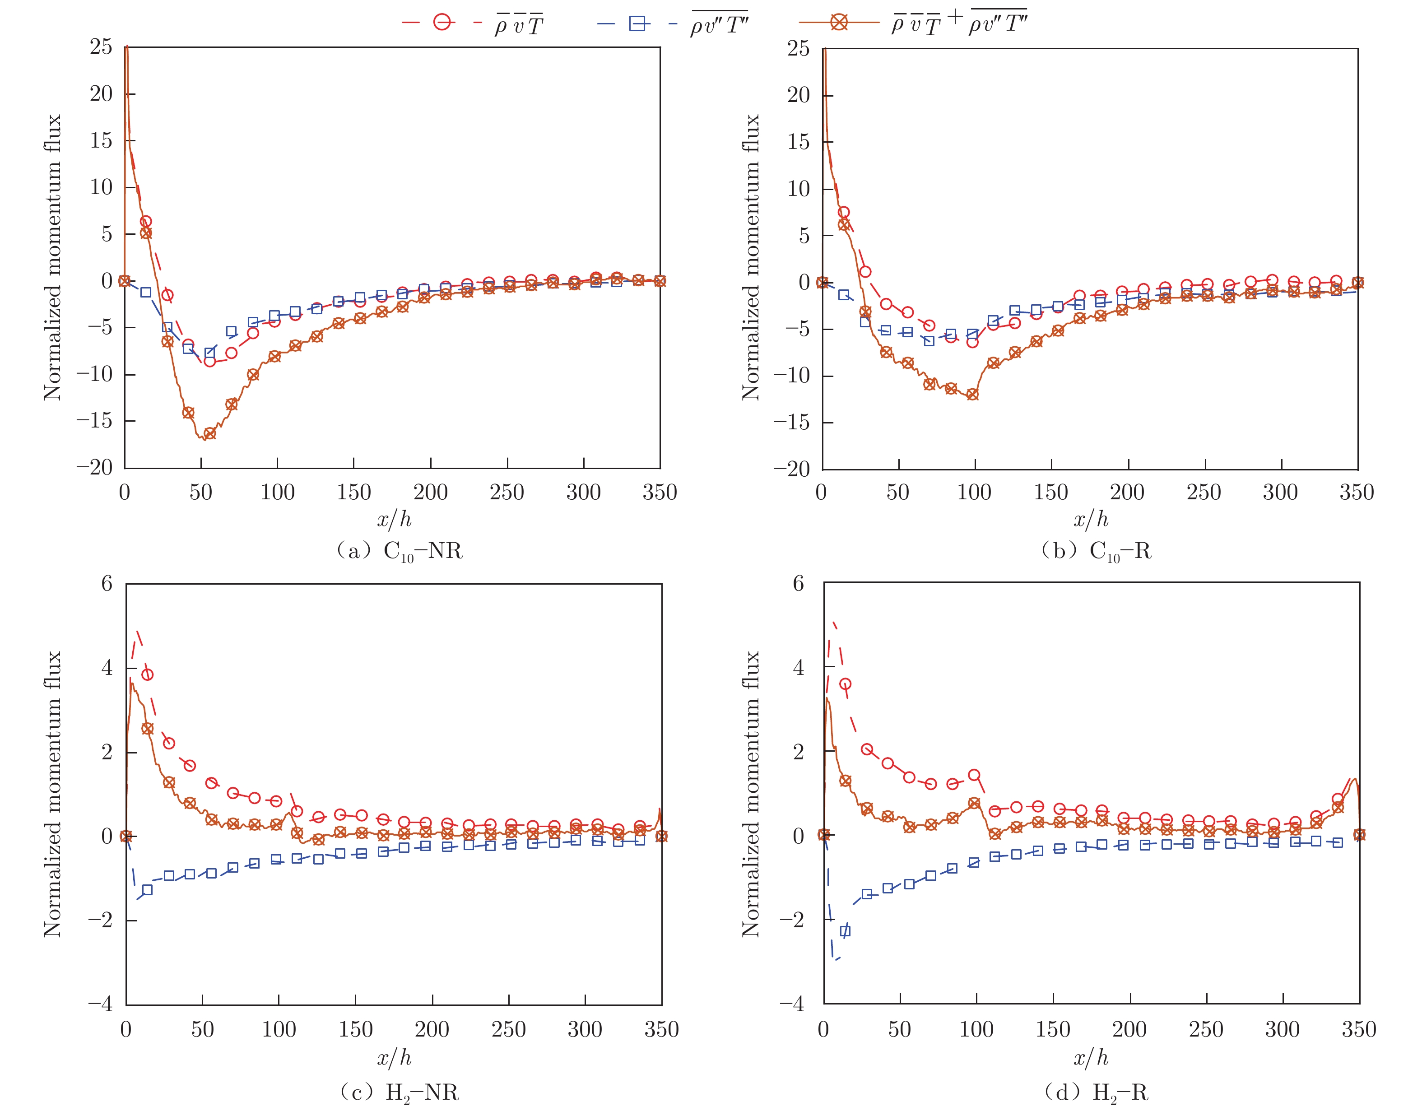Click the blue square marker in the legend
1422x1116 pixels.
(x=637, y=23)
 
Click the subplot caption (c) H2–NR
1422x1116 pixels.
(x=399, y=1093)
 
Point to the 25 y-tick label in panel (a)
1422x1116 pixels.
(x=101, y=47)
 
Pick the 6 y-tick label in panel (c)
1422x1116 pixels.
(x=107, y=583)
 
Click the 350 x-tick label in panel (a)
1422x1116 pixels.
(x=660, y=492)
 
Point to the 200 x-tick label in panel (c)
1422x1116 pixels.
(x=432, y=1030)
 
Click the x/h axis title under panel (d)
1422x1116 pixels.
(x=1091, y=1058)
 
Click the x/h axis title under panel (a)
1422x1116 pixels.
(x=394, y=520)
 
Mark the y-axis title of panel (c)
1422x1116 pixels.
(x=52, y=794)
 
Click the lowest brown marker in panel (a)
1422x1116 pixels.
(x=209, y=434)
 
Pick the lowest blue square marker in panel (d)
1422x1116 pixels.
(x=845, y=931)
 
